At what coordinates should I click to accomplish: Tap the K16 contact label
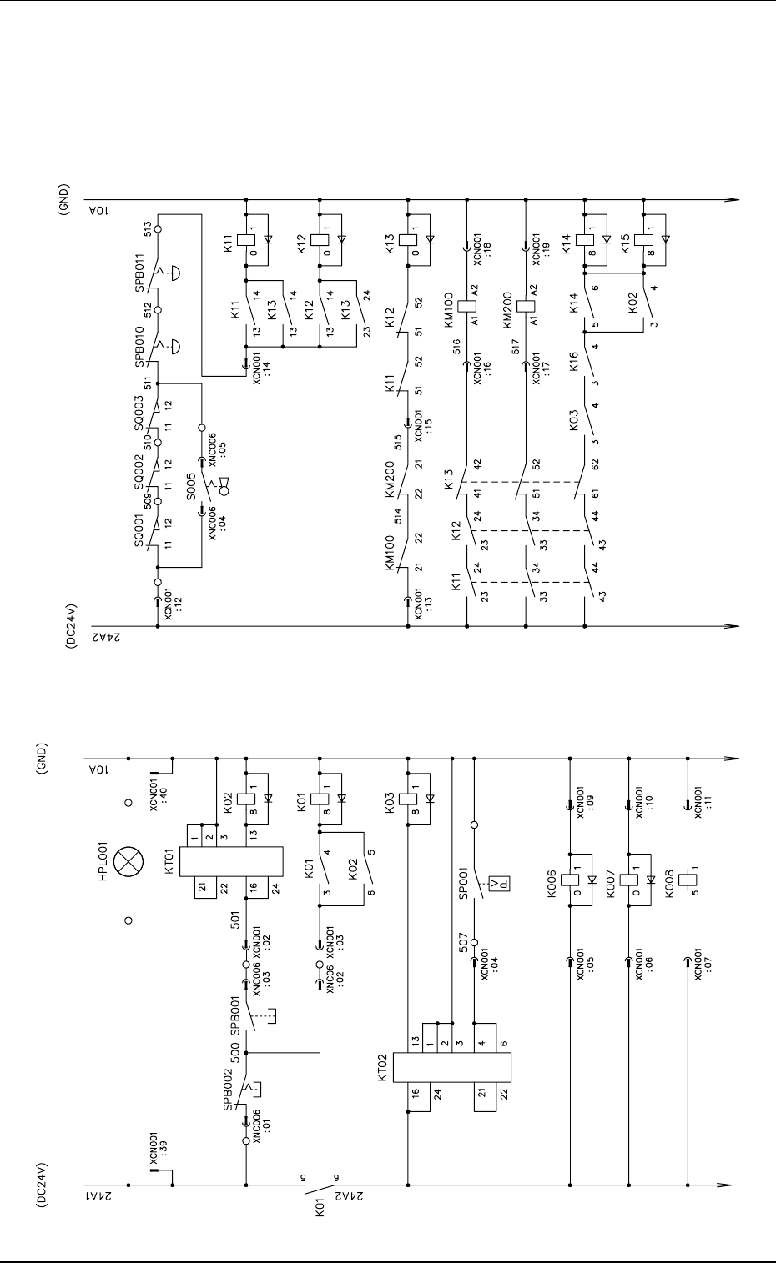[x=573, y=360]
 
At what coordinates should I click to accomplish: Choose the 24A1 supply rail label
[x=93, y=1198]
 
